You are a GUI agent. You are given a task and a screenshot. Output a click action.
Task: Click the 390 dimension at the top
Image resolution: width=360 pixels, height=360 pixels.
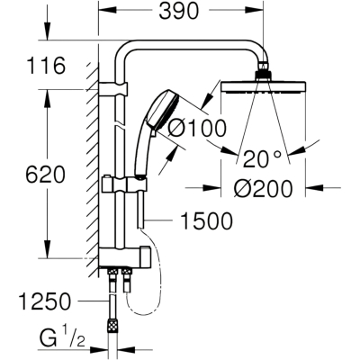coord(178,12)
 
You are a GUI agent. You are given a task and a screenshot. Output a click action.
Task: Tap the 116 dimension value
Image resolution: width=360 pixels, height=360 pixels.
coord(46,66)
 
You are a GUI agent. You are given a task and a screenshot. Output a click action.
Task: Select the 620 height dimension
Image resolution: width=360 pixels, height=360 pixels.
coord(45,175)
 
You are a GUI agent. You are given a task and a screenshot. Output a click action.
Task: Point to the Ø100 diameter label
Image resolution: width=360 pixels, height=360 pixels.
coord(197,129)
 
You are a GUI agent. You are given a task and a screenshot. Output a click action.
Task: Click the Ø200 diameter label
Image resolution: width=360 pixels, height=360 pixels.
coord(263,189)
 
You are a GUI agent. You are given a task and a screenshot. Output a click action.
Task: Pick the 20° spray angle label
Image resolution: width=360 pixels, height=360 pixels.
coord(262,159)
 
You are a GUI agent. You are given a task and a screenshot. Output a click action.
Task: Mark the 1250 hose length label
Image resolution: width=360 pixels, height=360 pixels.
coord(45,301)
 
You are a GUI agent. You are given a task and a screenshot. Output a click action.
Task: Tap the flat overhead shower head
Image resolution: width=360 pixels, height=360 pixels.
coord(264,86)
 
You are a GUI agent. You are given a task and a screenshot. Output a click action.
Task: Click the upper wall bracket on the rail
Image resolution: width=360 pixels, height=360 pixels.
coord(112,89)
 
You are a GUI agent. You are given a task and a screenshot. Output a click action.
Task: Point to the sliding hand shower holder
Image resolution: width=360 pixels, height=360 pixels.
coord(124,184)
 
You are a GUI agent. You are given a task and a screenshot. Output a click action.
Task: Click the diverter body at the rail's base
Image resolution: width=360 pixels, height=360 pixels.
coord(124,256)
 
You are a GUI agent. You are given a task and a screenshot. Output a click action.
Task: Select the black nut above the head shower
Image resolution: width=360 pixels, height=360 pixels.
coord(264,76)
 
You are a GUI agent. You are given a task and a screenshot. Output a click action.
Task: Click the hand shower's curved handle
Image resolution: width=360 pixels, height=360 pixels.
coord(141,150)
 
